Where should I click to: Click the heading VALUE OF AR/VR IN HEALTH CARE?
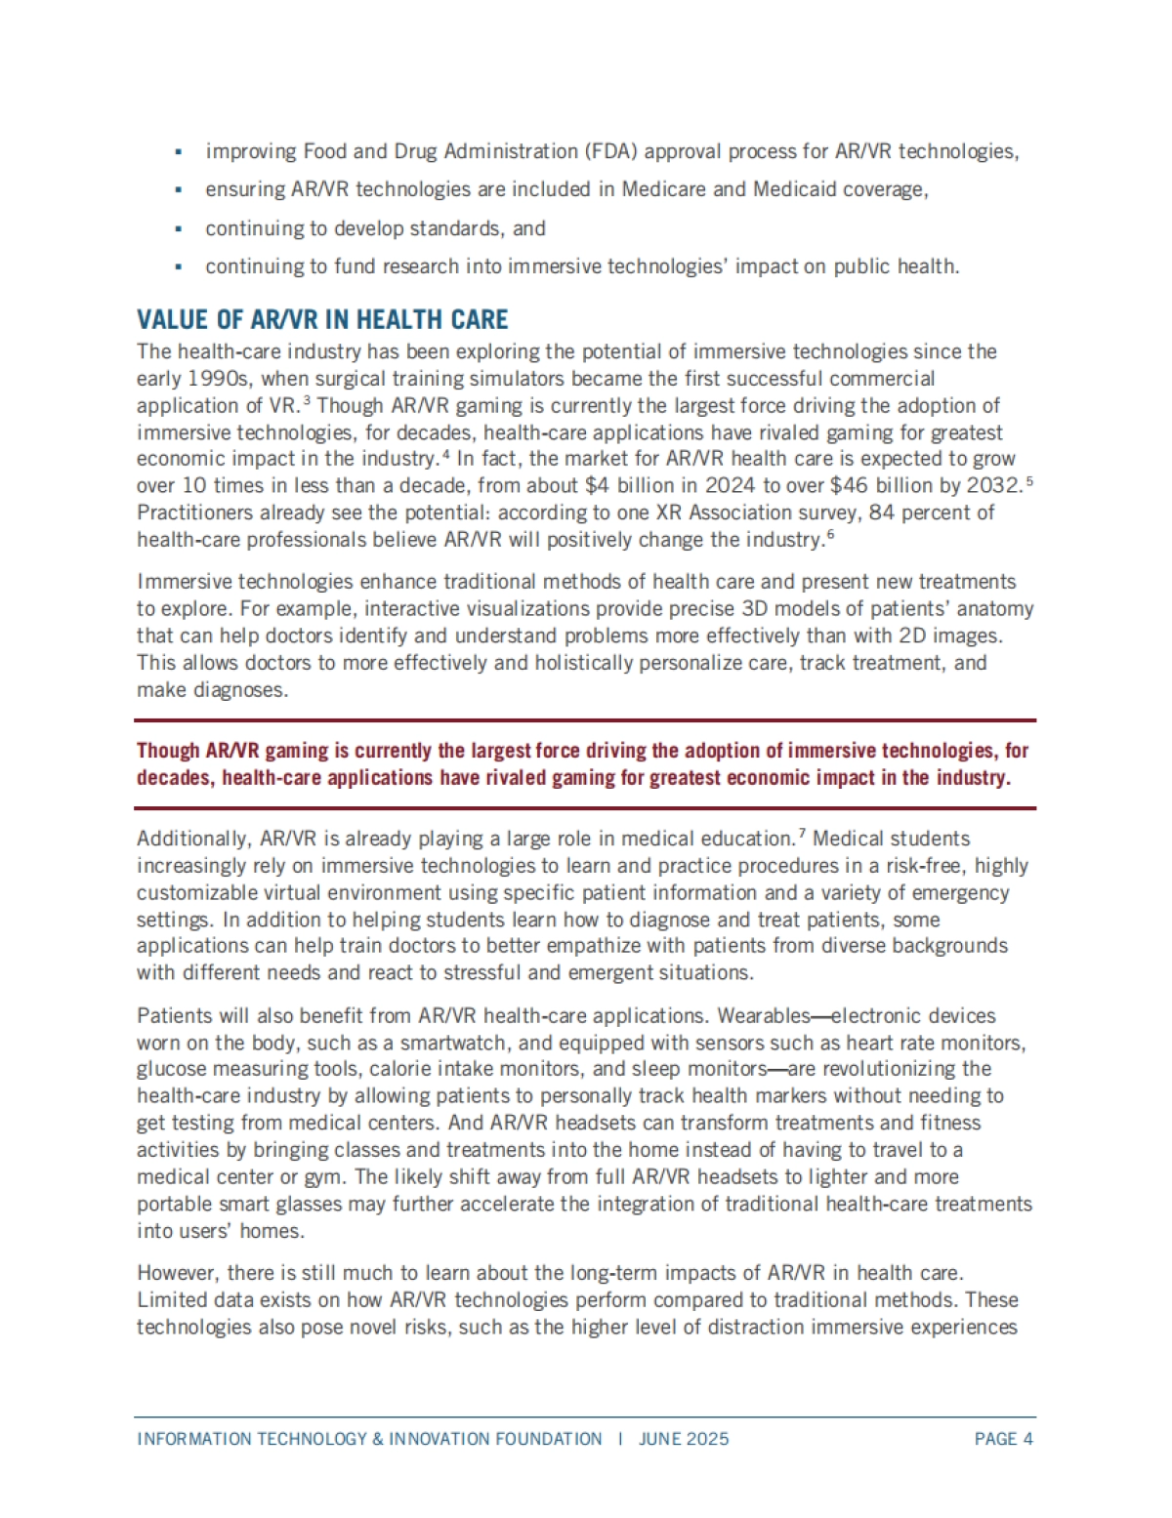point(322,320)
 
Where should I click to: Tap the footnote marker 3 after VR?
point(307,400)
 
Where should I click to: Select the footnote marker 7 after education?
point(801,833)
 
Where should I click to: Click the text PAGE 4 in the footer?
point(1003,1439)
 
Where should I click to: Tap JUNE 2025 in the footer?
point(684,1439)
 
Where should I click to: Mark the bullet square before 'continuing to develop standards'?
point(178,228)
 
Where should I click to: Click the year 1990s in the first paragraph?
point(217,378)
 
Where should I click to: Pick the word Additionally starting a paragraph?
point(193,839)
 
